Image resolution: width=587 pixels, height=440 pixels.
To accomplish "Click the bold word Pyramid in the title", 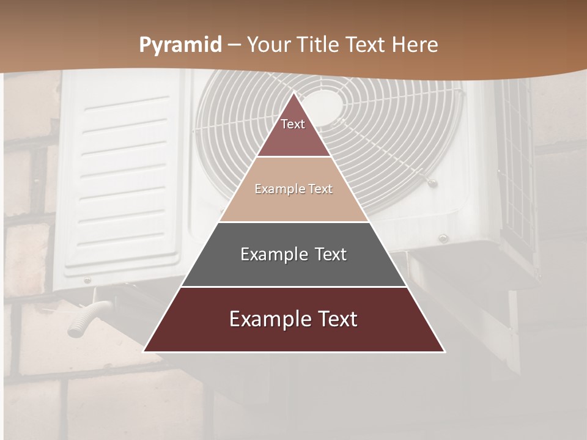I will pyautogui.click(x=180, y=45).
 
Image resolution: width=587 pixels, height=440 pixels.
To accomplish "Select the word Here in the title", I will pyautogui.click(x=415, y=45).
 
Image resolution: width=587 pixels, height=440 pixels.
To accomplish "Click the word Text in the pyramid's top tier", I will pyautogui.click(x=293, y=124).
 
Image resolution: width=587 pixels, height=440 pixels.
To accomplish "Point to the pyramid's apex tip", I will pyautogui.click(x=294, y=93).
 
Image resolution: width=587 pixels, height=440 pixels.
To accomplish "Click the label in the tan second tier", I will pyautogui.click(x=293, y=189).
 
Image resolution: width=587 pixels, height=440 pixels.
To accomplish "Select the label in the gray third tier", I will pyautogui.click(x=293, y=254).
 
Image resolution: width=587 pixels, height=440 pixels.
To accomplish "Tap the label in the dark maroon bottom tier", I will pyautogui.click(x=293, y=319).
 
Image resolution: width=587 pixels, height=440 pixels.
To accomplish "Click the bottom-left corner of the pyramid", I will pyautogui.click(x=144, y=351).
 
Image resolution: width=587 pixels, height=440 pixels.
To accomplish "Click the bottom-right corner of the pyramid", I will pyautogui.click(x=444, y=351).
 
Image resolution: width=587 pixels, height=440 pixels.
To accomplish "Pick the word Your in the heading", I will pyautogui.click(x=269, y=45).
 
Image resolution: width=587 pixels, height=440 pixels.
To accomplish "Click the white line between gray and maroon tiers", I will pyautogui.click(x=293, y=287).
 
